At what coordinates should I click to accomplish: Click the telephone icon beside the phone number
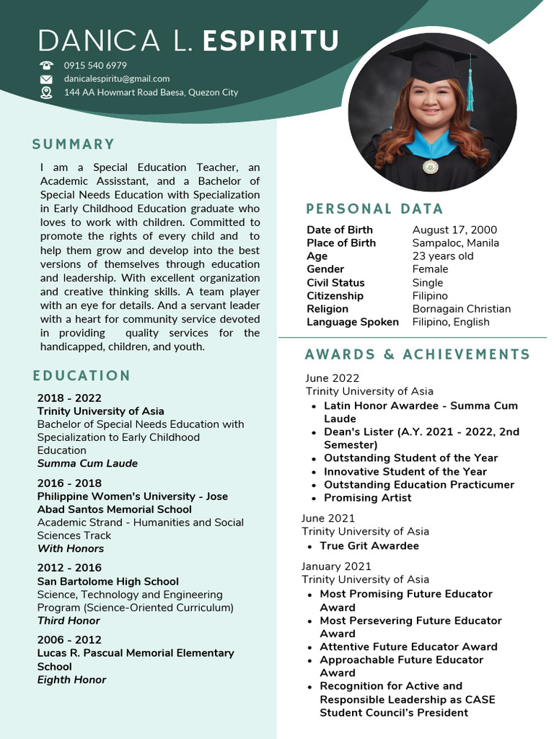click(46, 65)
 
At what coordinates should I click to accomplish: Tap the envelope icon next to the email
click(46, 79)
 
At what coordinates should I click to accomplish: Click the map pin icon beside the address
click(46, 92)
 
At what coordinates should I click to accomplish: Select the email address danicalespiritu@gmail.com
click(117, 79)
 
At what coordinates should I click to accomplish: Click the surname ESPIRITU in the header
click(271, 41)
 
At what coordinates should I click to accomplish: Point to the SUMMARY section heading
click(74, 144)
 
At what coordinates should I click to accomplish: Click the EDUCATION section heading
click(82, 376)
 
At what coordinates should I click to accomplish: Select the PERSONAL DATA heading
click(374, 209)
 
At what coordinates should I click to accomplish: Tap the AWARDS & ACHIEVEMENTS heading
click(417, 354)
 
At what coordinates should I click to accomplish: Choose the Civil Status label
click(335, 283)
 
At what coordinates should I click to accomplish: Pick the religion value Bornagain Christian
click(461, 309)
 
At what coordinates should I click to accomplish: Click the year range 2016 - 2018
click(69, 483)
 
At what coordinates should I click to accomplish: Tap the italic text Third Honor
click(69, 621)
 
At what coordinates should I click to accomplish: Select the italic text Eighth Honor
click(71, 680)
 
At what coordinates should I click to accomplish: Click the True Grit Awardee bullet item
click(369, 546)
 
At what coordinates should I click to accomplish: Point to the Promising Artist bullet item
click(367, 498)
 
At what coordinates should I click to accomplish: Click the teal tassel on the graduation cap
click(470, 90)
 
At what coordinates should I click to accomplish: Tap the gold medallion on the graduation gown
click(430, 167)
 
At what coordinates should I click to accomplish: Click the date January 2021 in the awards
click(336, 567)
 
